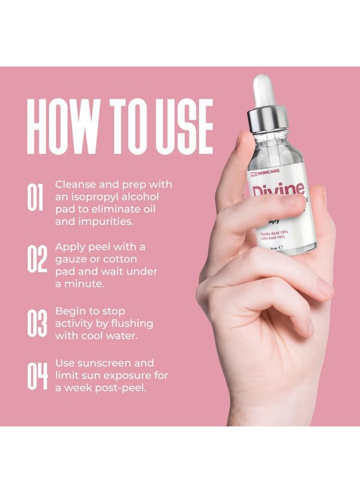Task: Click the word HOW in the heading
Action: coord(61,127)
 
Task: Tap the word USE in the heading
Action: coord(180,127)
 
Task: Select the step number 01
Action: coord(35,198)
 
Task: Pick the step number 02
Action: coord(37,260)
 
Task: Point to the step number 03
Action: coord(37,323)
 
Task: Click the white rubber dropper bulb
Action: coord(263,91)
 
